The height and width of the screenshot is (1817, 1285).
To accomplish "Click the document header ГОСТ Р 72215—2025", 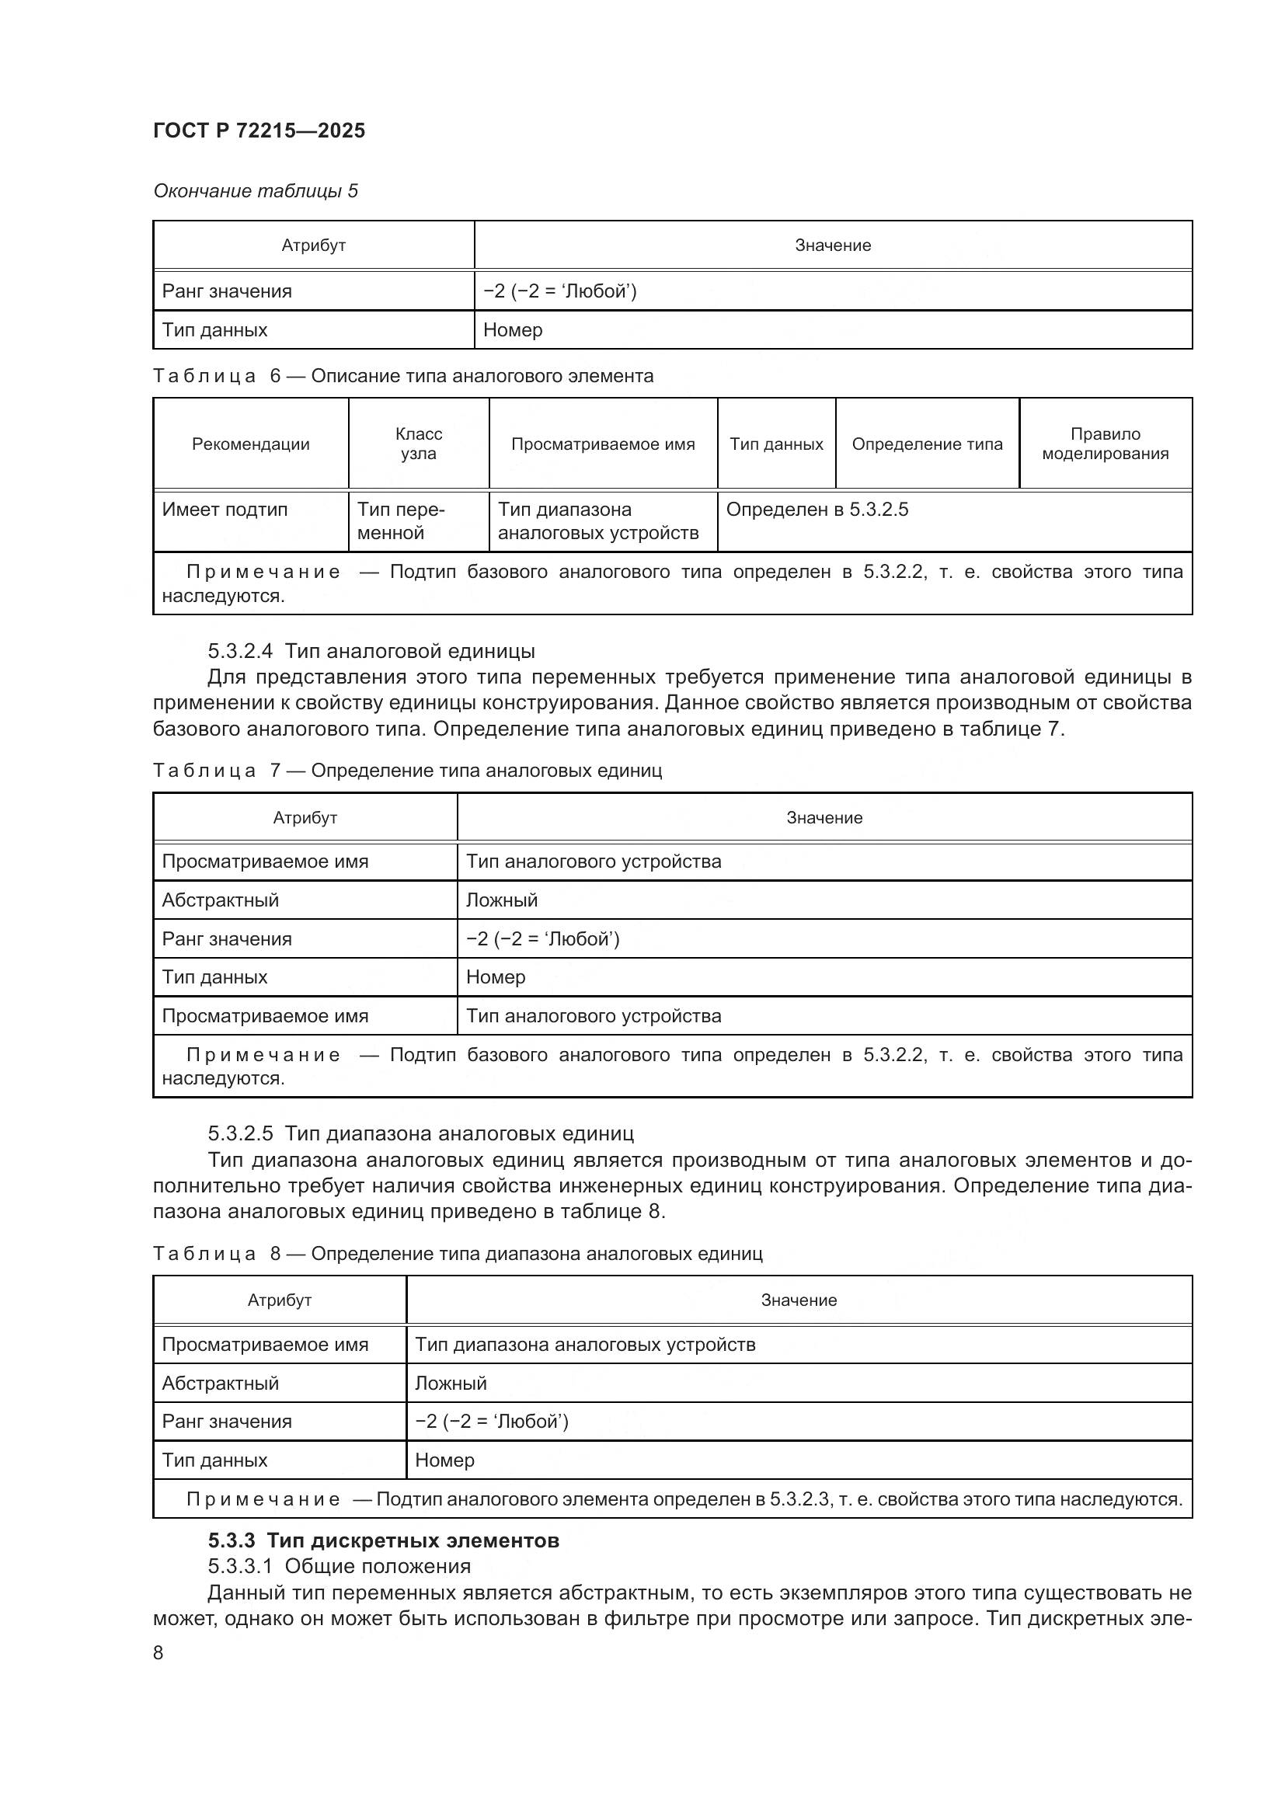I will click(x=259, y=131).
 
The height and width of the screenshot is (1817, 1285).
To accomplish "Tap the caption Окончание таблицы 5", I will click(x=255, y=191).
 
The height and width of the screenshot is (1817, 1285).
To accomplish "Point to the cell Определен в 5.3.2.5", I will click(x=817, y=510).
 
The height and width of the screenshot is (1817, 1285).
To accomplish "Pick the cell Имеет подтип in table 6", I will click(x=225, y=510).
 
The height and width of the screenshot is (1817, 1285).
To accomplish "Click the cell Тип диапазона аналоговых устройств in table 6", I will click(x=598, y=520).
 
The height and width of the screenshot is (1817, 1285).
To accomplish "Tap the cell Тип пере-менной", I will click(x=400, y=520).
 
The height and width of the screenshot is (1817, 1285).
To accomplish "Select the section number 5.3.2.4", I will click(x=240, y=651).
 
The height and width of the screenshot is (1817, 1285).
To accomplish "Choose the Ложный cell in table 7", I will click(x=502, y=900).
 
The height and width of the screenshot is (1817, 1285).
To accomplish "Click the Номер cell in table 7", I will click(x=496, y=976).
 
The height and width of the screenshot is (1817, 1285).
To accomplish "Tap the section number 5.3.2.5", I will click(x=240, y=1133).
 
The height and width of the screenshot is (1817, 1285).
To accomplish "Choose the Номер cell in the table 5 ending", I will click(x=513, y=330).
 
